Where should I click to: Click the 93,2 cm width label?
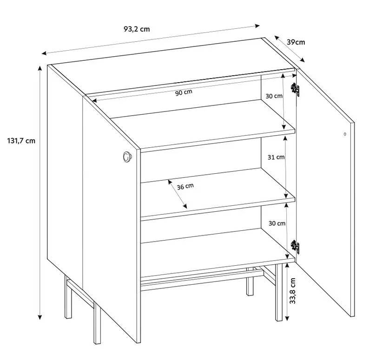[137, 29]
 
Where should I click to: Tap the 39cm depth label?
[296, 42]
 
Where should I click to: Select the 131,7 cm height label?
[21, 141]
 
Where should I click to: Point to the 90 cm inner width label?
[184, 92]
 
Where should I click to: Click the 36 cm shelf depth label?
[185, 187]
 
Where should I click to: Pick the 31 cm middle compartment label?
[276, 157]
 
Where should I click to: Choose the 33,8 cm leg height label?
[292, 291]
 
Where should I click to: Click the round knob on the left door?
[127, 157]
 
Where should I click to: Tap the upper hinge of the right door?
[296, 89]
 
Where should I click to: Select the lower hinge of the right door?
[295, 247]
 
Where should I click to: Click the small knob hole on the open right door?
[345, 134]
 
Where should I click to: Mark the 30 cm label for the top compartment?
[274, 96]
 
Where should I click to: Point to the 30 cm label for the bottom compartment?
[277, 223]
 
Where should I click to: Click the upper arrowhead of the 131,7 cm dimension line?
[40, 68]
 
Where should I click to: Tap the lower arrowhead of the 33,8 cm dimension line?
[287, 318]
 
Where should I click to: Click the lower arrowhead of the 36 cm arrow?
[185, 206]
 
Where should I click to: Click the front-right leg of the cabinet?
[279, 292]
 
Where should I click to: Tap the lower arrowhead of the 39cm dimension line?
[303, 60]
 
